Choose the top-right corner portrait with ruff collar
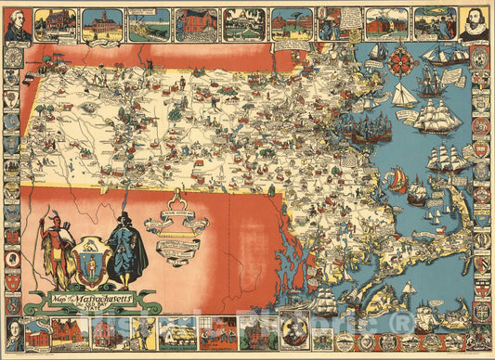pos(474,25)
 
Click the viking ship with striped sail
pos(396,177)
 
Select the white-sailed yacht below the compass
pos(402,95)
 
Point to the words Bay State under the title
pos(110,311)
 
